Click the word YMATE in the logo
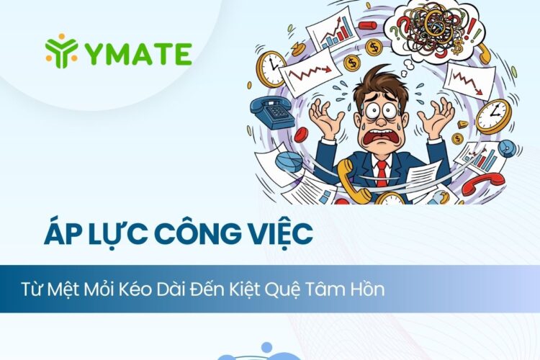pos(137,52)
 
